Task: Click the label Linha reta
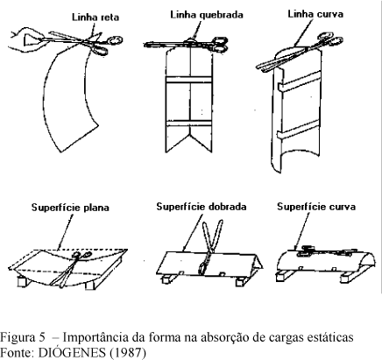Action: (x=95, y=18)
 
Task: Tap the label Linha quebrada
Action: (x=207, y=15)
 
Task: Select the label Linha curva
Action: (x=315, y=14)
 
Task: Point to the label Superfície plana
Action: (x=70, y=208)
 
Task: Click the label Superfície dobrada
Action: (x=202, y=207)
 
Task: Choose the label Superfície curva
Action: (x=316, y=207)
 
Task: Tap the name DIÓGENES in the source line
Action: (x=72, y=352)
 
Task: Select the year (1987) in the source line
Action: (x=128, y=353)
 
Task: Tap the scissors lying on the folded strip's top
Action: (x=186, y=43)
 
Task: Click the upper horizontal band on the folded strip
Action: (x=188, y=80)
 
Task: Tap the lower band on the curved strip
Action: (x=298, y=130)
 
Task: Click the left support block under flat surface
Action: (x=23, y=282)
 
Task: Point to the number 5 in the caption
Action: (x=41, y=338)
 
